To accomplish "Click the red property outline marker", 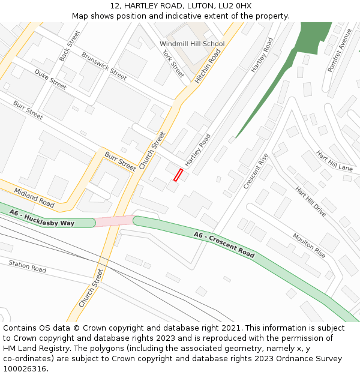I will (178, 175).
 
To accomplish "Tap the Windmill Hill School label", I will (192, 44).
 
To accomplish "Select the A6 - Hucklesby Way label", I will (42, 218).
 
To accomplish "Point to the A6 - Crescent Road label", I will (224, 244).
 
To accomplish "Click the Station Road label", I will (27, 266).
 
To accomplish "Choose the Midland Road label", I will (34, 197).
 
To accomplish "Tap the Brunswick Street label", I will (104, 66).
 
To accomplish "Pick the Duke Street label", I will (50, 79).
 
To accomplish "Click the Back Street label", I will (70, 46).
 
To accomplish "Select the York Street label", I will (173, 64).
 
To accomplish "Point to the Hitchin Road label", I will (208, 65).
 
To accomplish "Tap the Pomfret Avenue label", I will (339, 50).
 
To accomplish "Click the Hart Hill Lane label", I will (334, 161).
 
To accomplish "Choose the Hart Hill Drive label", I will (310, 201).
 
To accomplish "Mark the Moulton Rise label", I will (309, 245).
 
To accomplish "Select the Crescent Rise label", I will (256, 171).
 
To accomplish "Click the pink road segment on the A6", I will (114, 221).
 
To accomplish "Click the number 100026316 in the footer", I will (24, 368).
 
